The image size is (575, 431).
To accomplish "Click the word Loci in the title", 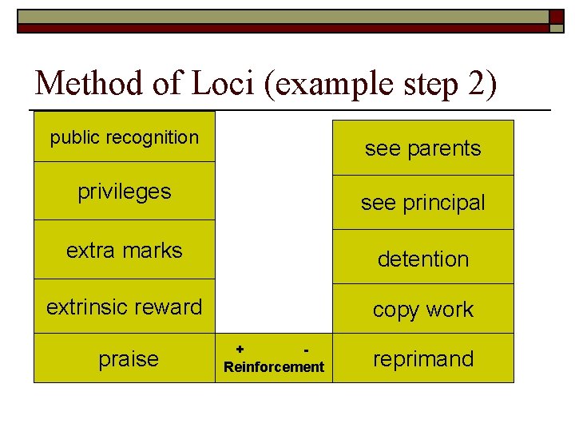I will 230,84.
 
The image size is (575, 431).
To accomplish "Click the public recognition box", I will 124,137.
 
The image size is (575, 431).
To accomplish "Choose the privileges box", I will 124,192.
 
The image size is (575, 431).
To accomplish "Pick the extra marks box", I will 124,250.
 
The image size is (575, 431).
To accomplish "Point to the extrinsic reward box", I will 124,306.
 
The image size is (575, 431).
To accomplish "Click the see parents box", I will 422,148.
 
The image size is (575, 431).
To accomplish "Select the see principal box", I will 422,203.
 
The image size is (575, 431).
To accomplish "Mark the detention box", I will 422,259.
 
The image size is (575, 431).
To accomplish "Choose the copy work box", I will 422,310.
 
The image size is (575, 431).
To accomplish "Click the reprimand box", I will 422,358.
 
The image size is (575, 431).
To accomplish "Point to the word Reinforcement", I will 274,367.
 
